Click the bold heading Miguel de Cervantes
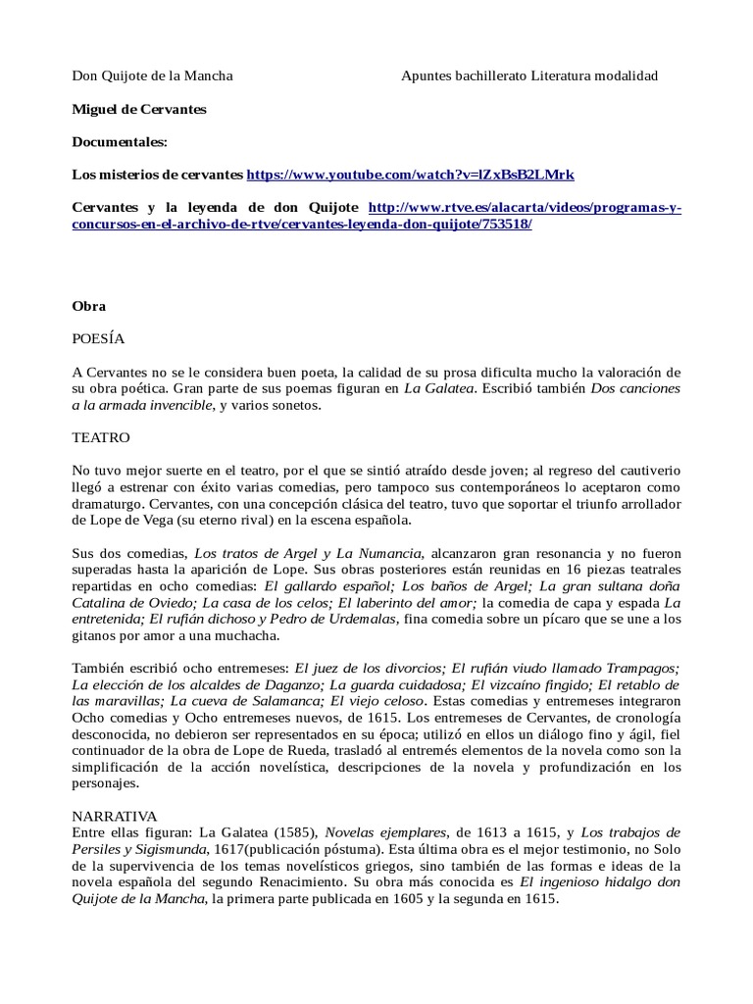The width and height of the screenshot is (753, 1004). pos(139,110)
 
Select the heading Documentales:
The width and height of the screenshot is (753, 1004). pos(121,142)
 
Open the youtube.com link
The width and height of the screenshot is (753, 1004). pos(410,175)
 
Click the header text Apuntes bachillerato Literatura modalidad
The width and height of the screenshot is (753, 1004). pos(529,76)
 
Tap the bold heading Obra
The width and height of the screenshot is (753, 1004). pos(89,306)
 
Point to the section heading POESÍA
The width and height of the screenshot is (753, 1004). pos(99,338)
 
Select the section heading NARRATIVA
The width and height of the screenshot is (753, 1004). pos(115,815)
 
